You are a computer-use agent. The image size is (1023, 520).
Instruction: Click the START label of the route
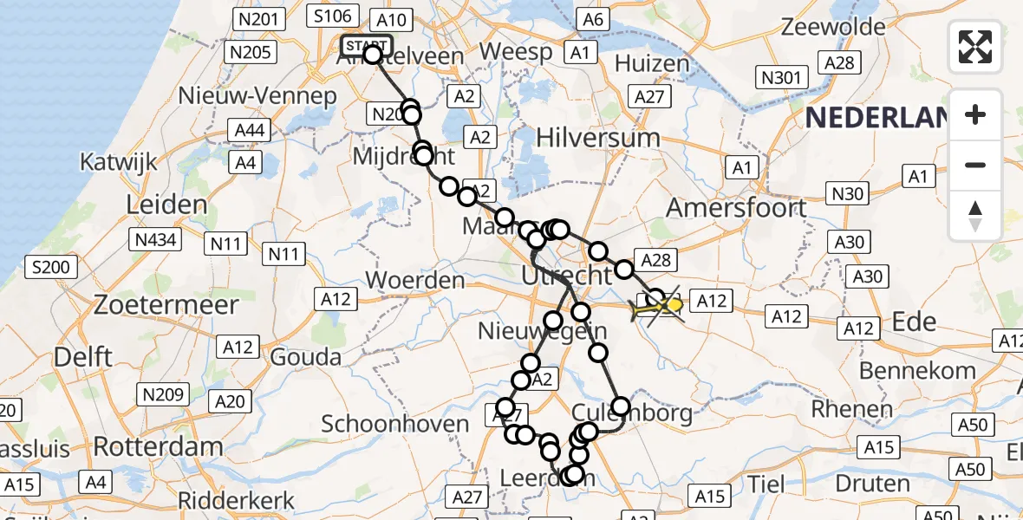click(x=368, y=46)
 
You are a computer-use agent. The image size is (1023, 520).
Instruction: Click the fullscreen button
click(x=975, y=47)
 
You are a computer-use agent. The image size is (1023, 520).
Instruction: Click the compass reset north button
click(x=975, y=215)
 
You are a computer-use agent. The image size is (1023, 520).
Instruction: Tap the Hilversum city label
click(x=597, y=137)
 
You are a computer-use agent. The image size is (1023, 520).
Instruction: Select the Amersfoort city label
click(x=736, y=208)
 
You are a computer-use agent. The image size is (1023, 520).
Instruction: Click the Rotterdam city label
click(x=158, y=447)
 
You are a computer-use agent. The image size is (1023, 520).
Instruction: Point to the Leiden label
click(x=166, y=205)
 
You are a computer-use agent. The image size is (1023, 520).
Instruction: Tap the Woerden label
click(x=416, y=281)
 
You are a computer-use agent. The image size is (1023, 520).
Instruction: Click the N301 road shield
click(x=780, y=78)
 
